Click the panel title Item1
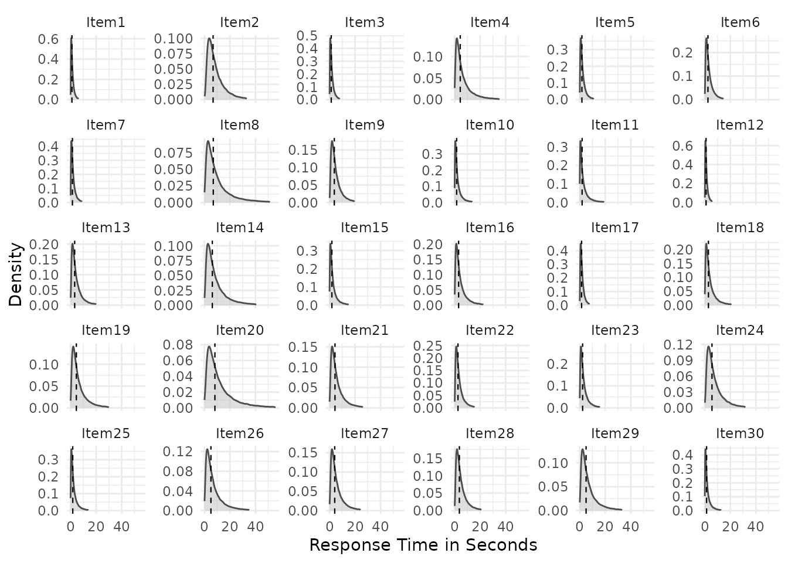tap(106, 23)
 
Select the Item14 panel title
tap(239, 228)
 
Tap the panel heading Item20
tap(239, 331)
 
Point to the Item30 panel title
tap(740, 433)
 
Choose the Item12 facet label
tap(740, 125)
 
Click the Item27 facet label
tap(364, 433)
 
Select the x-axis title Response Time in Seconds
tap(423, 545)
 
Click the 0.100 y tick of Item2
tap(174, 39)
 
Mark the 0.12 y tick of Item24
tap(680, 344)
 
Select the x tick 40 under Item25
tap(121, 527)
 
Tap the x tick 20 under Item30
tap(731, 527)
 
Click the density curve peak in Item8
tap(208, 141)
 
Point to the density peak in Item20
tap(209, 346)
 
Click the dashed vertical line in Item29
tap(586, 481)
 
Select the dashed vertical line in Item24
tap(712, 375)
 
